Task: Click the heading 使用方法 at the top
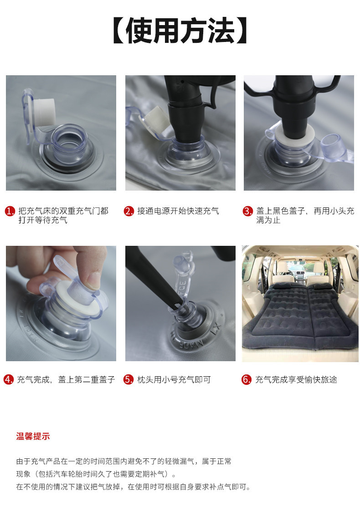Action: tap(180, 31)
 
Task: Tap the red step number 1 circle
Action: tap(10, 211)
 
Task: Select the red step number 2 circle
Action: tap(129, 211)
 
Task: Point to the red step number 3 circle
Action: tap(247, 211)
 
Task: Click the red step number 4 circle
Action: tap(9, 379)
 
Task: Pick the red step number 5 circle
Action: tap(128, 379)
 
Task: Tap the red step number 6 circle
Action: tap(247, 379)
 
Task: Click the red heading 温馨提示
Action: tap(33, 436)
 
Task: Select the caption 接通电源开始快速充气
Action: tap(178, 211)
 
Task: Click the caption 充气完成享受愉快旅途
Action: tap(296, 379)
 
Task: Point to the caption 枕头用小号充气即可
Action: tap(174, 379)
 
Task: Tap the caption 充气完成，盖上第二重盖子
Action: tap(66, 379)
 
